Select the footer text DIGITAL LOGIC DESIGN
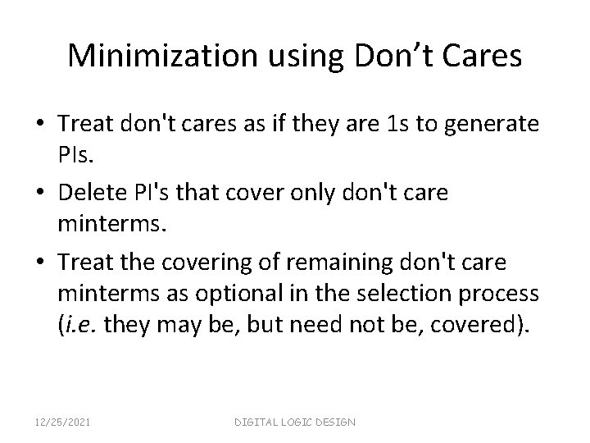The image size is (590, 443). pos(295,421)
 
